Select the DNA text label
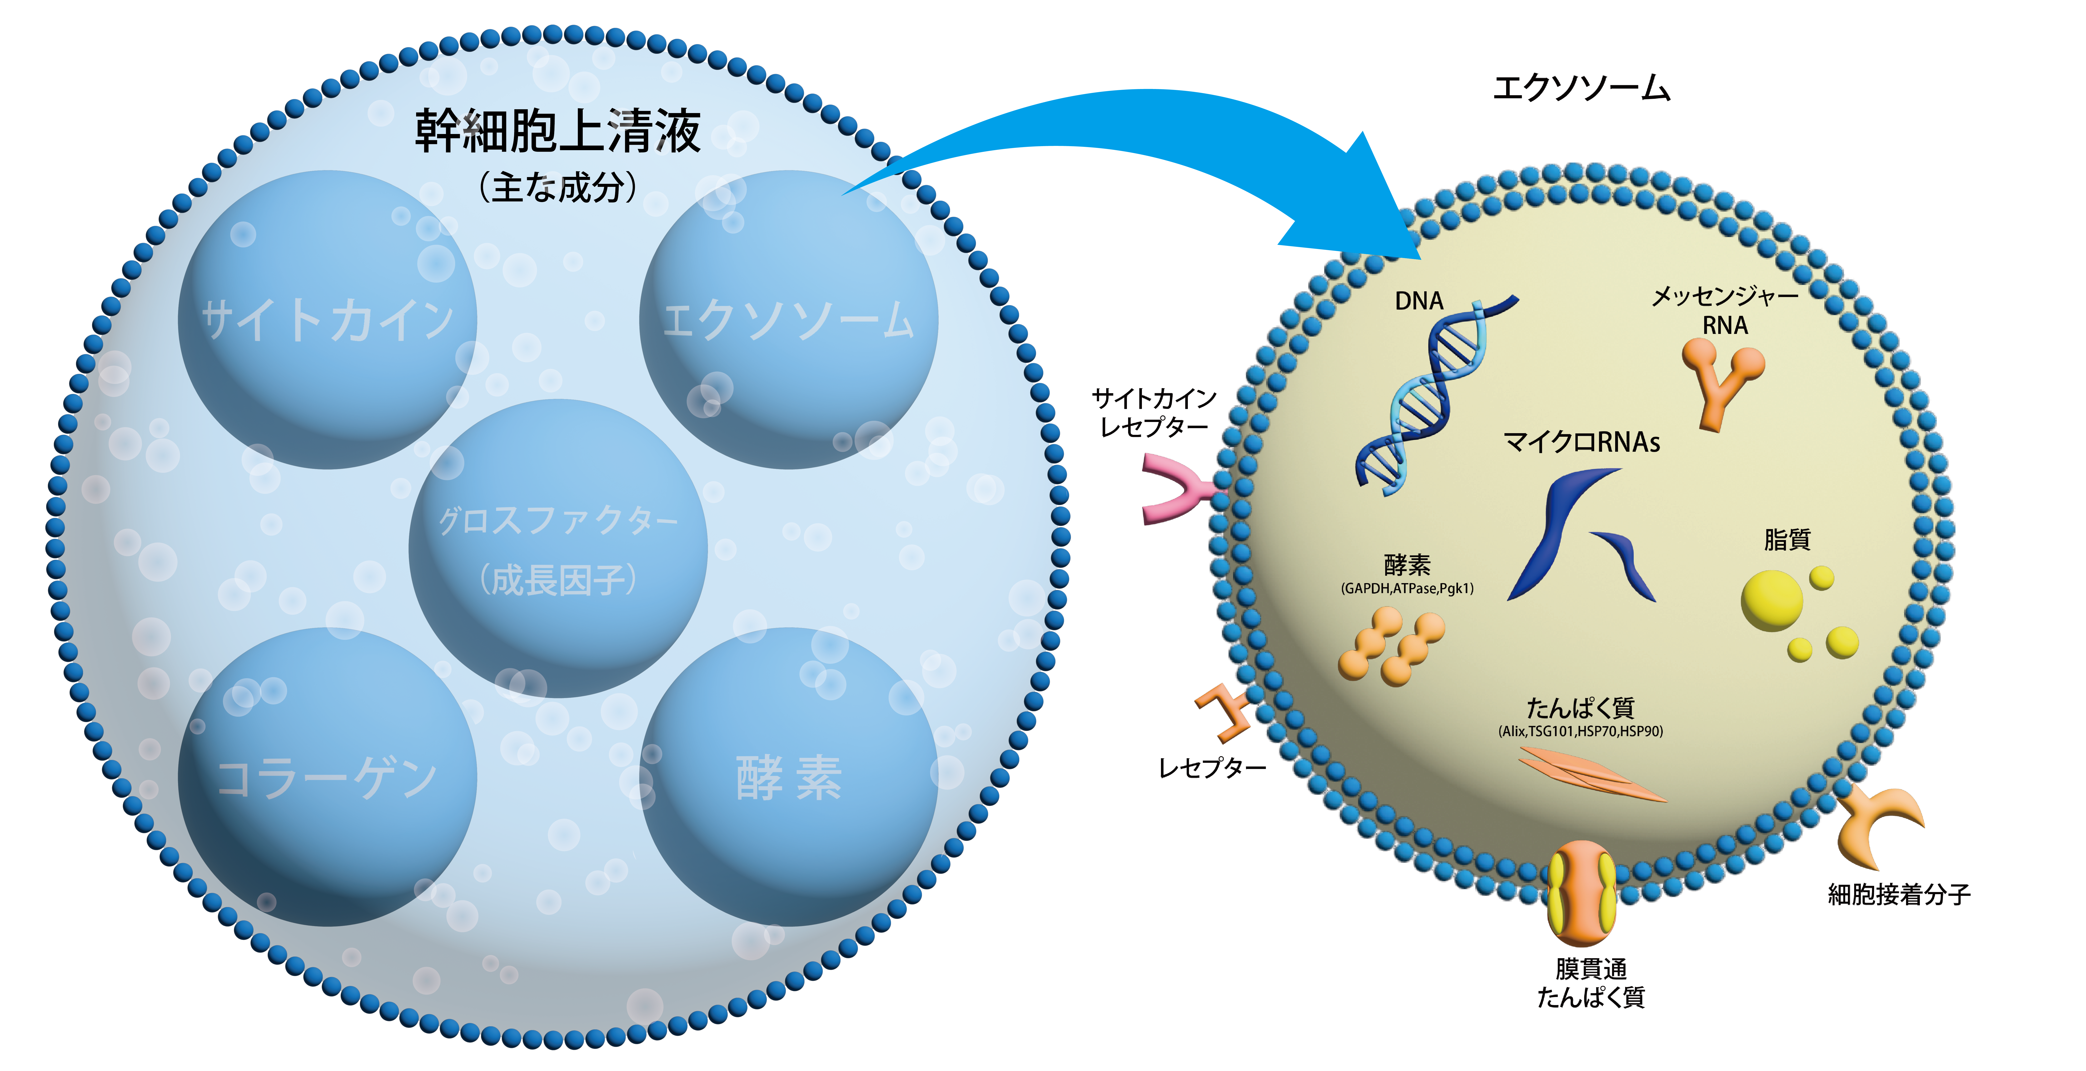[x=1419, y=301]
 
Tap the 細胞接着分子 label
[x=1899, y=895]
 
